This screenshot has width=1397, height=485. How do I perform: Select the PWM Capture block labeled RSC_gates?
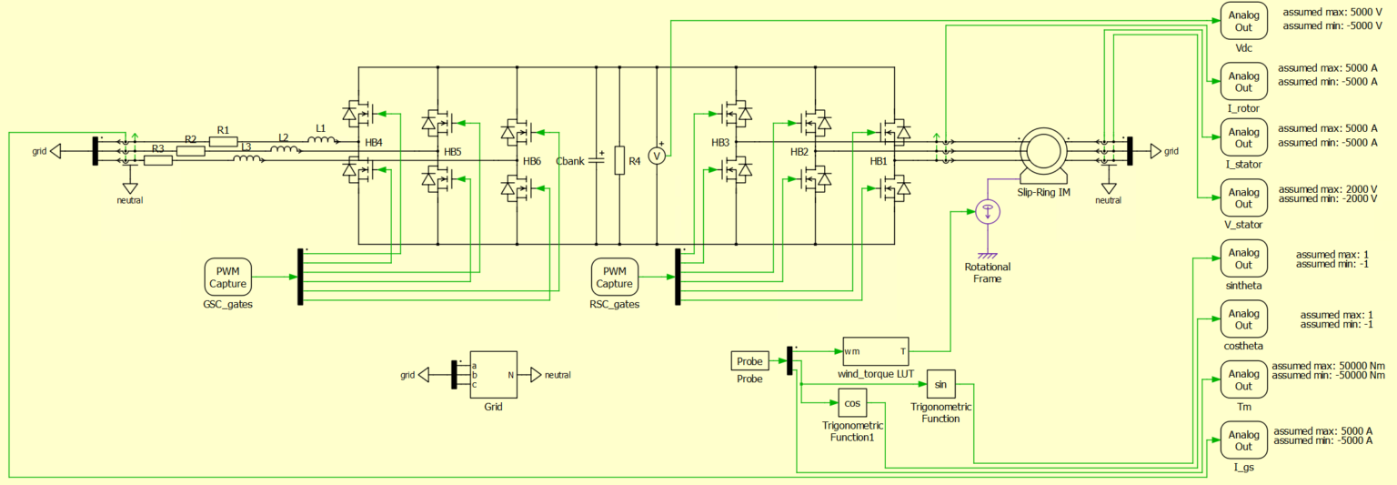615,277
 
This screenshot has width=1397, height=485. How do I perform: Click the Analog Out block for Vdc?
1243,21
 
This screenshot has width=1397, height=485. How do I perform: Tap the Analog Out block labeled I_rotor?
1243,82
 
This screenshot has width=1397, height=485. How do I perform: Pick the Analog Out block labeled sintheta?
1243,259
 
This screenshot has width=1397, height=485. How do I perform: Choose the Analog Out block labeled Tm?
1243,379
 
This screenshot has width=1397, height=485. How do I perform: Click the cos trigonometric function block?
851,403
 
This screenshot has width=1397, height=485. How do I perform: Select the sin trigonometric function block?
940,385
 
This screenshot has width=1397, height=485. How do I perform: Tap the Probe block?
750,361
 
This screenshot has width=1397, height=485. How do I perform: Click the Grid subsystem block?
493,374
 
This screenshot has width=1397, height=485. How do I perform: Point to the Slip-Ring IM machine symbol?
1042,150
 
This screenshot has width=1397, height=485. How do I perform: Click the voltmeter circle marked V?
657,157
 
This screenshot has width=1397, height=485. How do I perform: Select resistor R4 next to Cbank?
619,159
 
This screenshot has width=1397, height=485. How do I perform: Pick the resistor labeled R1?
223,141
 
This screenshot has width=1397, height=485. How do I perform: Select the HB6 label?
532,161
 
